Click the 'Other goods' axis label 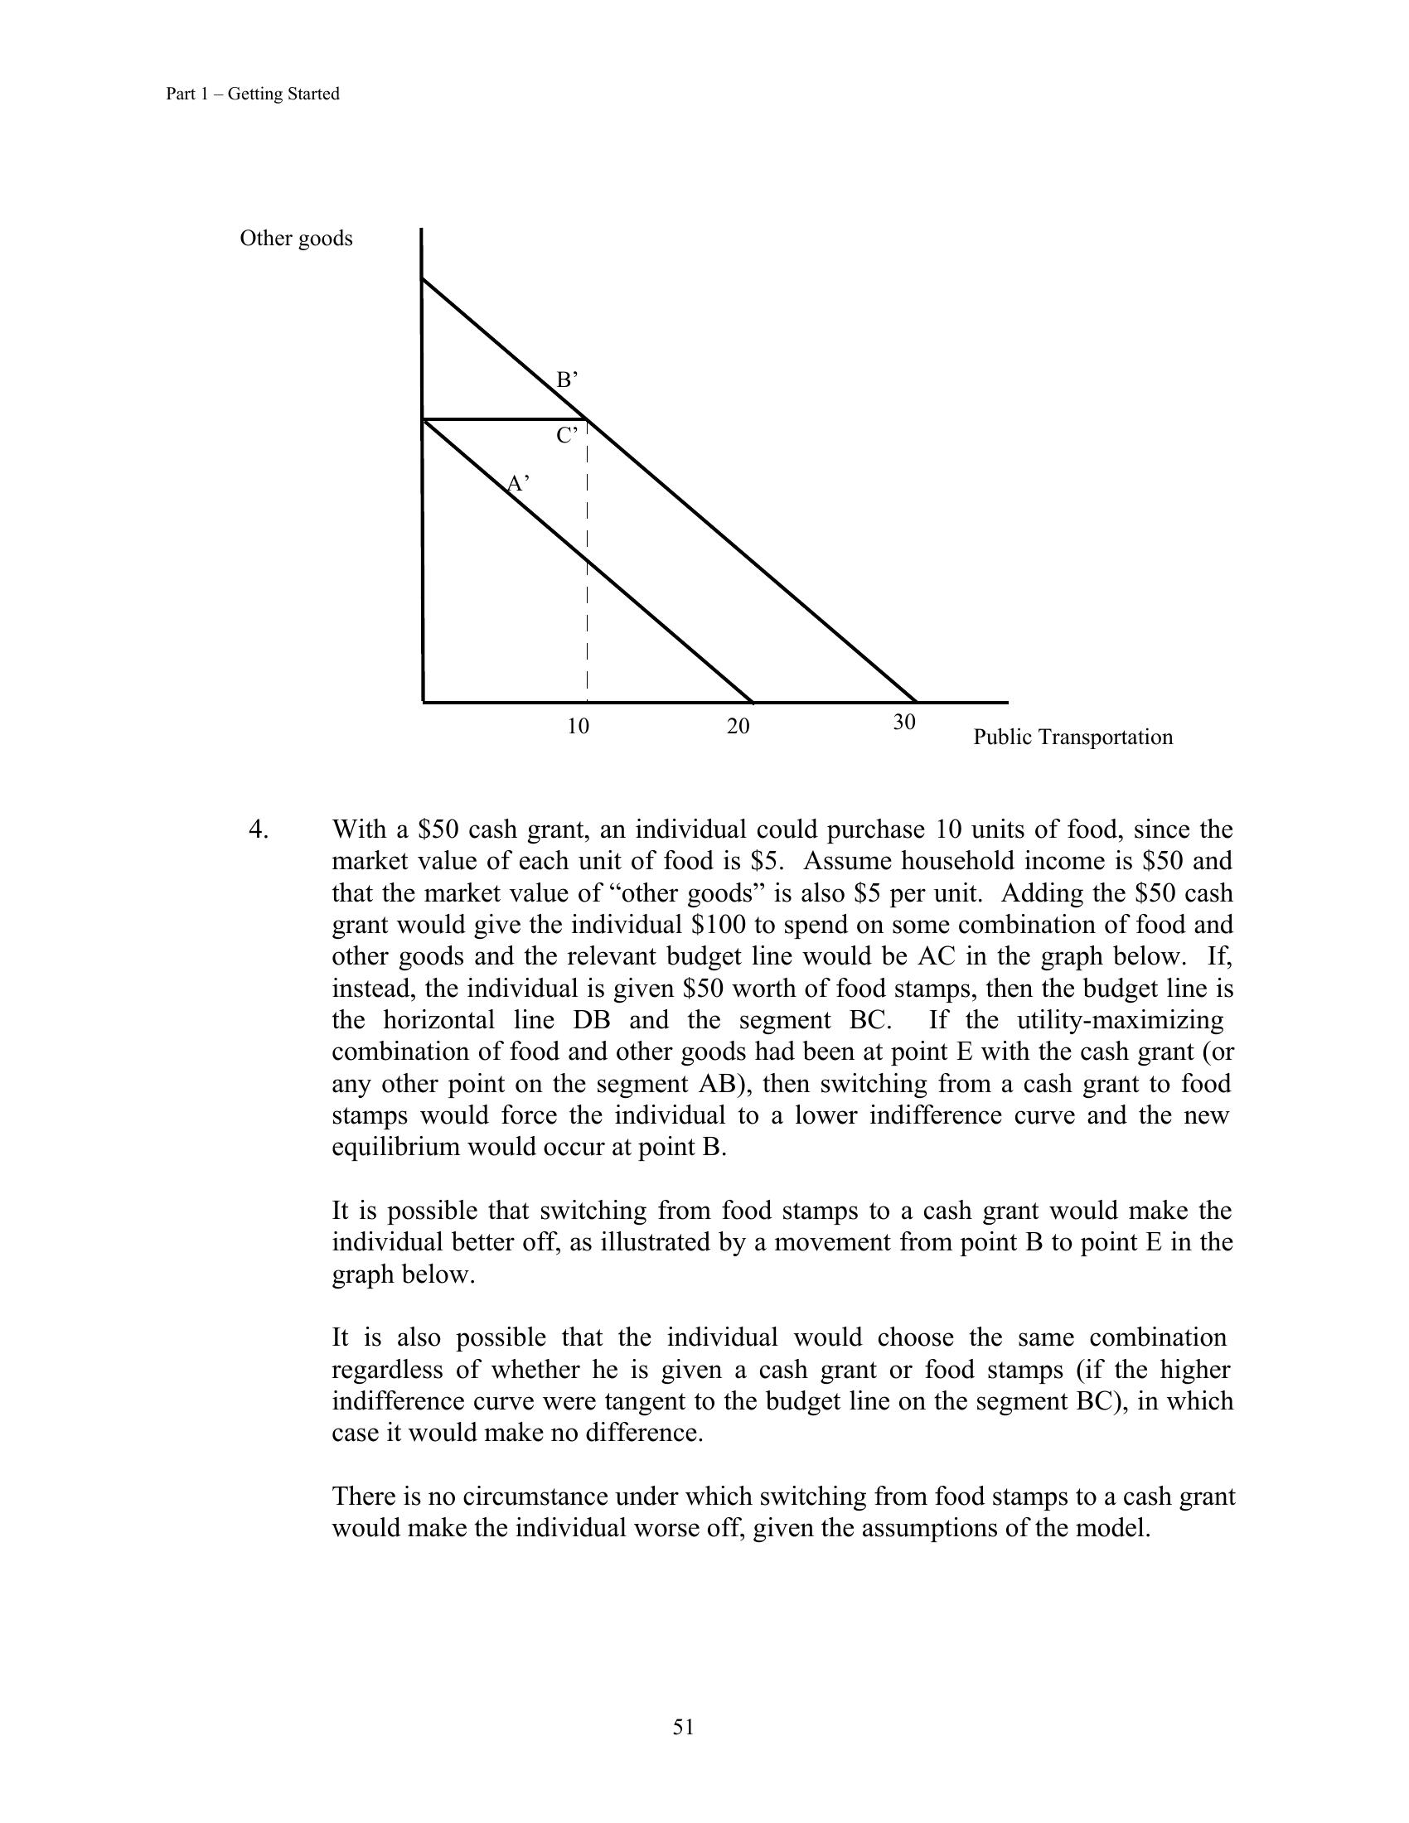tap(297, 239)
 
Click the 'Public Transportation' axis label tap(1072, 737)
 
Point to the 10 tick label tap(578, 726)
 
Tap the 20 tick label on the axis tap(738, 726)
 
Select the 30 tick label tap(904, 722)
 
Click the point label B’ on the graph tap(567, 380)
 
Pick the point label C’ tap(567, 436)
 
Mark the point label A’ tap(518, 483)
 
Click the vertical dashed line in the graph tap(588, 584)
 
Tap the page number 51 tap(684, 1727)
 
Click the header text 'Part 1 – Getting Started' tap(252, 94)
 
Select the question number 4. tap(258, 829)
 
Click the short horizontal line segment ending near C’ tap(501, 419)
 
